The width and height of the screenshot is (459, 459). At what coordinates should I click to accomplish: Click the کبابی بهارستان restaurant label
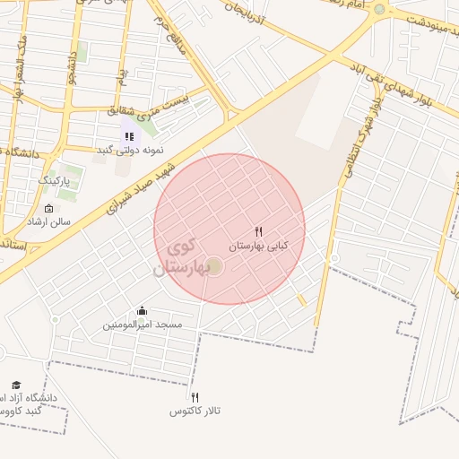258,245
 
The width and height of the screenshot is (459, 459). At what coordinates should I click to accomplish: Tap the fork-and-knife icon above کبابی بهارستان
259,230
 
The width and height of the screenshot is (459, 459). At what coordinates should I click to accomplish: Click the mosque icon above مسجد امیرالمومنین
142,311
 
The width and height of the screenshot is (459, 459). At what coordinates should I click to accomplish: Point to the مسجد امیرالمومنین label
142,324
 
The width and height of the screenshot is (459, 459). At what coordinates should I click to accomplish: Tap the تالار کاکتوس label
195,411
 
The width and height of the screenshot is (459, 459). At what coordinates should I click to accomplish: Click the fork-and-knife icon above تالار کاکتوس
195,397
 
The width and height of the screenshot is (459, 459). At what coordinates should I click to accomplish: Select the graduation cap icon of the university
15,384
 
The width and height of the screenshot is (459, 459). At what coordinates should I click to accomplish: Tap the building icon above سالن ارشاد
48,208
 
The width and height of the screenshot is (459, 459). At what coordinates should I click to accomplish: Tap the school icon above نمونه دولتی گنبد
129,135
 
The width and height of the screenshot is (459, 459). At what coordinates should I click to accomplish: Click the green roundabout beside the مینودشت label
379,10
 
